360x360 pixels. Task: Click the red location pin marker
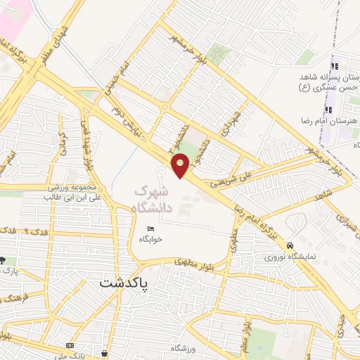click(x=181, y=165)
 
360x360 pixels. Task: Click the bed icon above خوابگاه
click(x=150, y=229)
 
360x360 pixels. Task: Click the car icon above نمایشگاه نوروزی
click(x=290, y=245)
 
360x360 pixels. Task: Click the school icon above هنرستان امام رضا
click(x=328, y=110)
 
